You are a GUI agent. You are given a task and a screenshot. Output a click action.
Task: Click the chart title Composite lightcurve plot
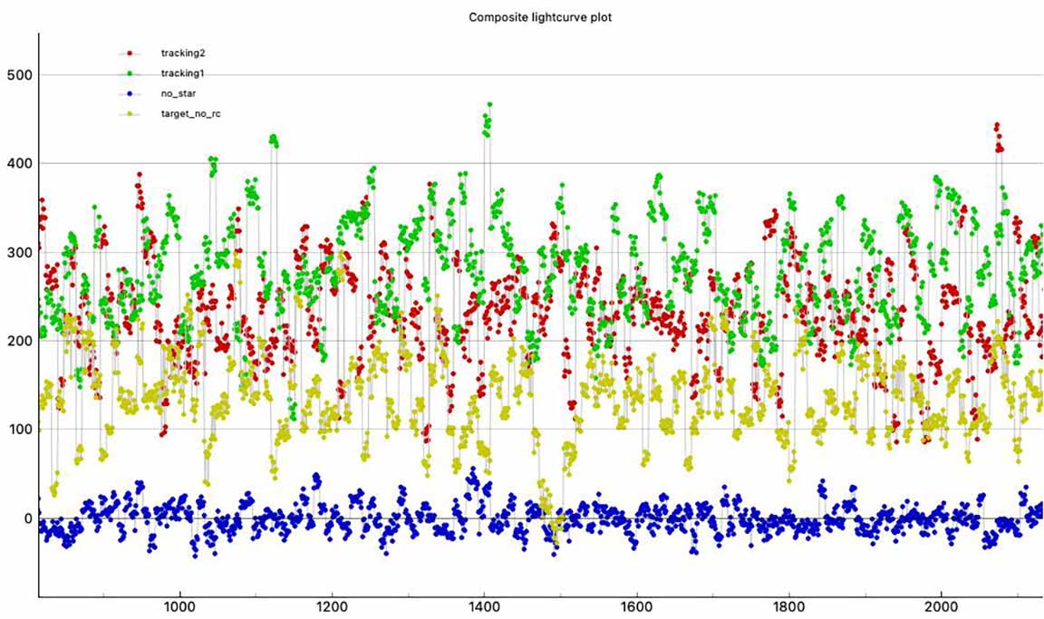[540, 17]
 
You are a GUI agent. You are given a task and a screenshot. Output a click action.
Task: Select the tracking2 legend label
[179, 53]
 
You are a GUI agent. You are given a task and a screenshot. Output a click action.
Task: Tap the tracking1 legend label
[179, 73]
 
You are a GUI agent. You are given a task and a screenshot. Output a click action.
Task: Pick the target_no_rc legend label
[185, 113]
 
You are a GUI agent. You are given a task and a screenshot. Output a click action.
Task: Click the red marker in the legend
[130, 53]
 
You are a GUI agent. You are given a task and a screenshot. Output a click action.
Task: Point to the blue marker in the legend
[130, 92]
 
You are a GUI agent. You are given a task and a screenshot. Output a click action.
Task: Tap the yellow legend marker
[130, 113]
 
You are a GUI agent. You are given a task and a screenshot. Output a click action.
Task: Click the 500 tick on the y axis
[17, 75]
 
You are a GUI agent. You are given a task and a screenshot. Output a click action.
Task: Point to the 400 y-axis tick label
[17, 164]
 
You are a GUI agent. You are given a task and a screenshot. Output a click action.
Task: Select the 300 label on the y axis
[17, 253]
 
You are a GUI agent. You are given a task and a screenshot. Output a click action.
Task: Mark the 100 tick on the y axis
[17, 430]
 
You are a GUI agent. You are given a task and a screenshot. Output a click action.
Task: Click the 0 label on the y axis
[25, 518]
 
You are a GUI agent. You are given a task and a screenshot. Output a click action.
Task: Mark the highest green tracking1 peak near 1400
[489, 105]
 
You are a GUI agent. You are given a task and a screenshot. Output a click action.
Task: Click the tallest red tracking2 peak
[997, 126]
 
